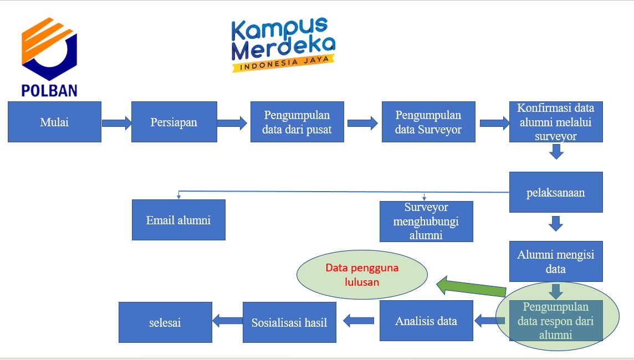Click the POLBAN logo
point(49,56)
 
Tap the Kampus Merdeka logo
point(283,44)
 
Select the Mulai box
point(54,122)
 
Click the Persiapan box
point(174,122)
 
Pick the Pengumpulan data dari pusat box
point(297,122)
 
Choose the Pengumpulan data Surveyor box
point(428,122)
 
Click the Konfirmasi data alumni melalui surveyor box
point(556,122)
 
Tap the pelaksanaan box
point(556,192)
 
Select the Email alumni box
point(178,220)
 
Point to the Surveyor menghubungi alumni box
point(426,222)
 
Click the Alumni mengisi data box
point(556,261)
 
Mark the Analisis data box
point(426,321)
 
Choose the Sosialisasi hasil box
point(289,322)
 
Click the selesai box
point(165,322)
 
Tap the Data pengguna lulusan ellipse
point(362,275)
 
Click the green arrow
point(471,286)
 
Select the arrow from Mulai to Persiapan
point(116,123)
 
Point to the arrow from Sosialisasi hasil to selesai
point(228,321)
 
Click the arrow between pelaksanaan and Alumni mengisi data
point(556,223)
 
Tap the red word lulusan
point(362,282)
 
